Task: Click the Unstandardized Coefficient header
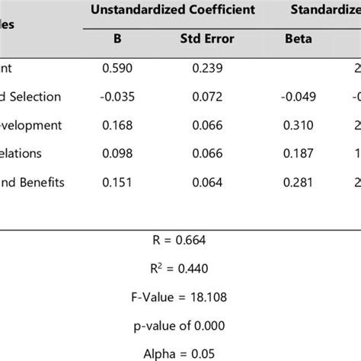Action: pos(172,11)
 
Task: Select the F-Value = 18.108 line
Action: pos(180,297)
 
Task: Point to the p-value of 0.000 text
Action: pos(180,324)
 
